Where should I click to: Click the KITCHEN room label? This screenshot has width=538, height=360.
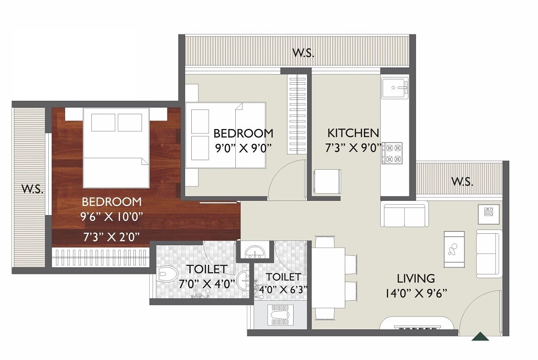coord(353,132)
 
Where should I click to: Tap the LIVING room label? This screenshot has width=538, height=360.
coord(416,278)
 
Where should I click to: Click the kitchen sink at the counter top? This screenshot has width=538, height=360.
coord(395,87)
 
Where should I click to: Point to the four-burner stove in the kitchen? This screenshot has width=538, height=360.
coord(392,153)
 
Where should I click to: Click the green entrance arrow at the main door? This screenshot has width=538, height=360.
coord(480,337)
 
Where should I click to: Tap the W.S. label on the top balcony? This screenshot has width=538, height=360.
coord(303,53)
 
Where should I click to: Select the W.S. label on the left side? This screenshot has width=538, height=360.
coord(33,189)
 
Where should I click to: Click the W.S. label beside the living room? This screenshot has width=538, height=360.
coord(462,182)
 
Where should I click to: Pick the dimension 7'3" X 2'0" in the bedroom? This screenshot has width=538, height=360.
coord(110,235)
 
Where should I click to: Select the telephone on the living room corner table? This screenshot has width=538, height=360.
coord(488,212)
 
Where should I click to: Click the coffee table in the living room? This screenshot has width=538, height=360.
coord(454,249)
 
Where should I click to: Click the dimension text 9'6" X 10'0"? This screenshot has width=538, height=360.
coord(111,216)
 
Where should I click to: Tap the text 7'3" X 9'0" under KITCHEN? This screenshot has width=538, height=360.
coord(353,148)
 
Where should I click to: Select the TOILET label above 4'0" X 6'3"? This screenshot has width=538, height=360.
coord(284,277)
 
